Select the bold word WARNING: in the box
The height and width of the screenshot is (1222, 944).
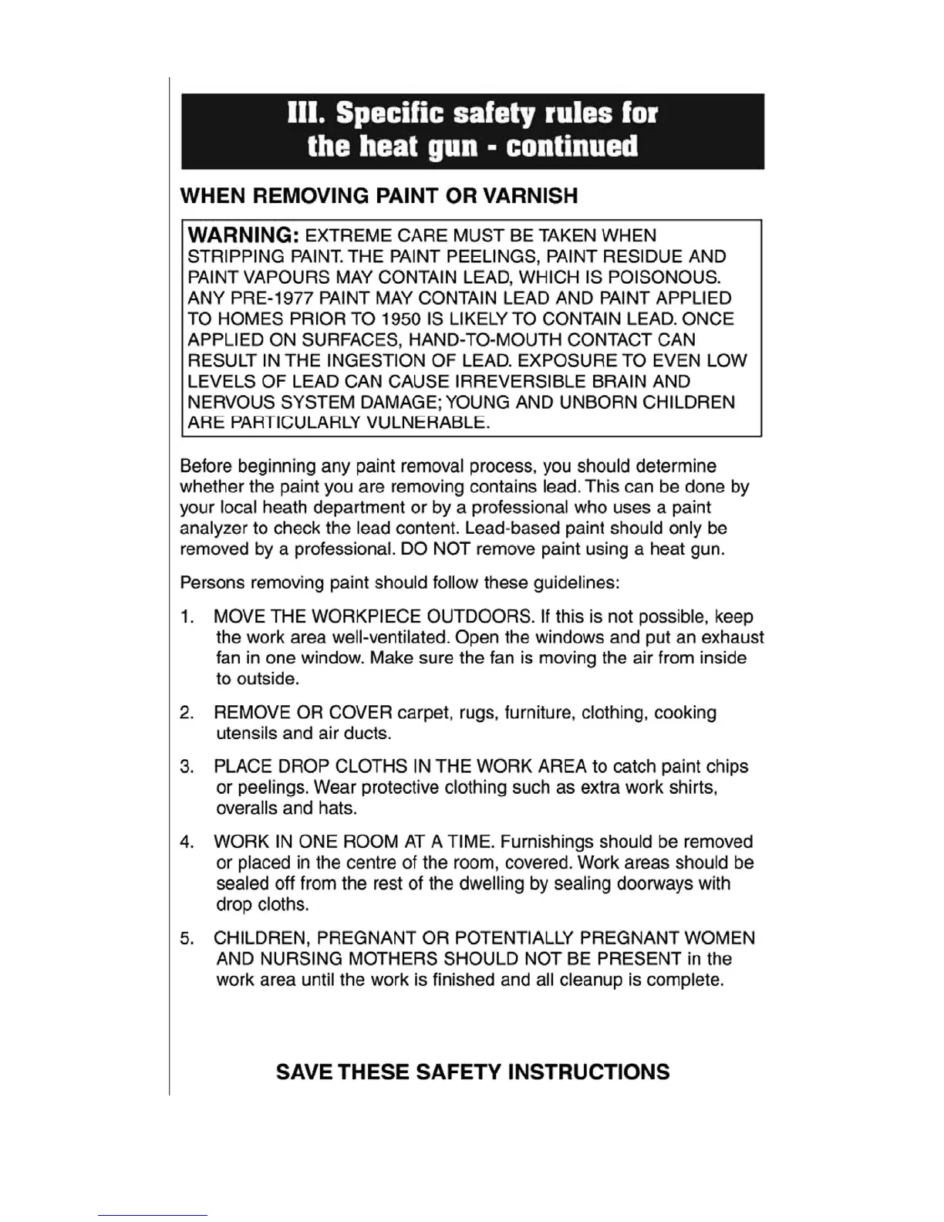point(243,235)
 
